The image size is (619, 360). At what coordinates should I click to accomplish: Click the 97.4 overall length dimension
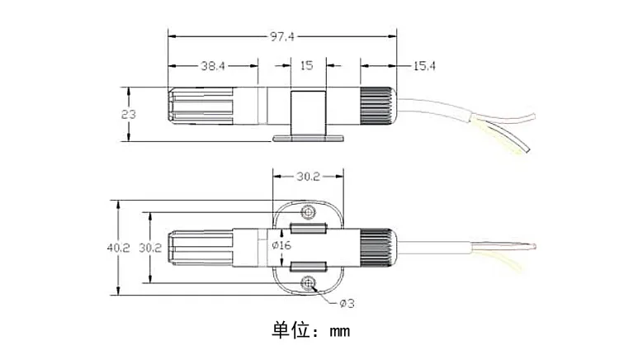282,36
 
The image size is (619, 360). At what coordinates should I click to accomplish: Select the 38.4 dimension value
213,66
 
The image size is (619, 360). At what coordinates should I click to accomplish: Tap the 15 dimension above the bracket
307,65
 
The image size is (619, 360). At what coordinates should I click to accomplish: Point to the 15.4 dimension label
424,66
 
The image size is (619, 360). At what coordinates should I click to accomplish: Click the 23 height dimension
128,114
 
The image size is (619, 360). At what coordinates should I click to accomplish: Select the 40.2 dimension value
118,248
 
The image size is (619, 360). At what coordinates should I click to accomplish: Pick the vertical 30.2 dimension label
150,248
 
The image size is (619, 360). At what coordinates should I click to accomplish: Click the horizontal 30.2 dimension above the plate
308,177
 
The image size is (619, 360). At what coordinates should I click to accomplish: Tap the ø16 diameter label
281,245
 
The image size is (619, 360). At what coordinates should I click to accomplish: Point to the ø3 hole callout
347,303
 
